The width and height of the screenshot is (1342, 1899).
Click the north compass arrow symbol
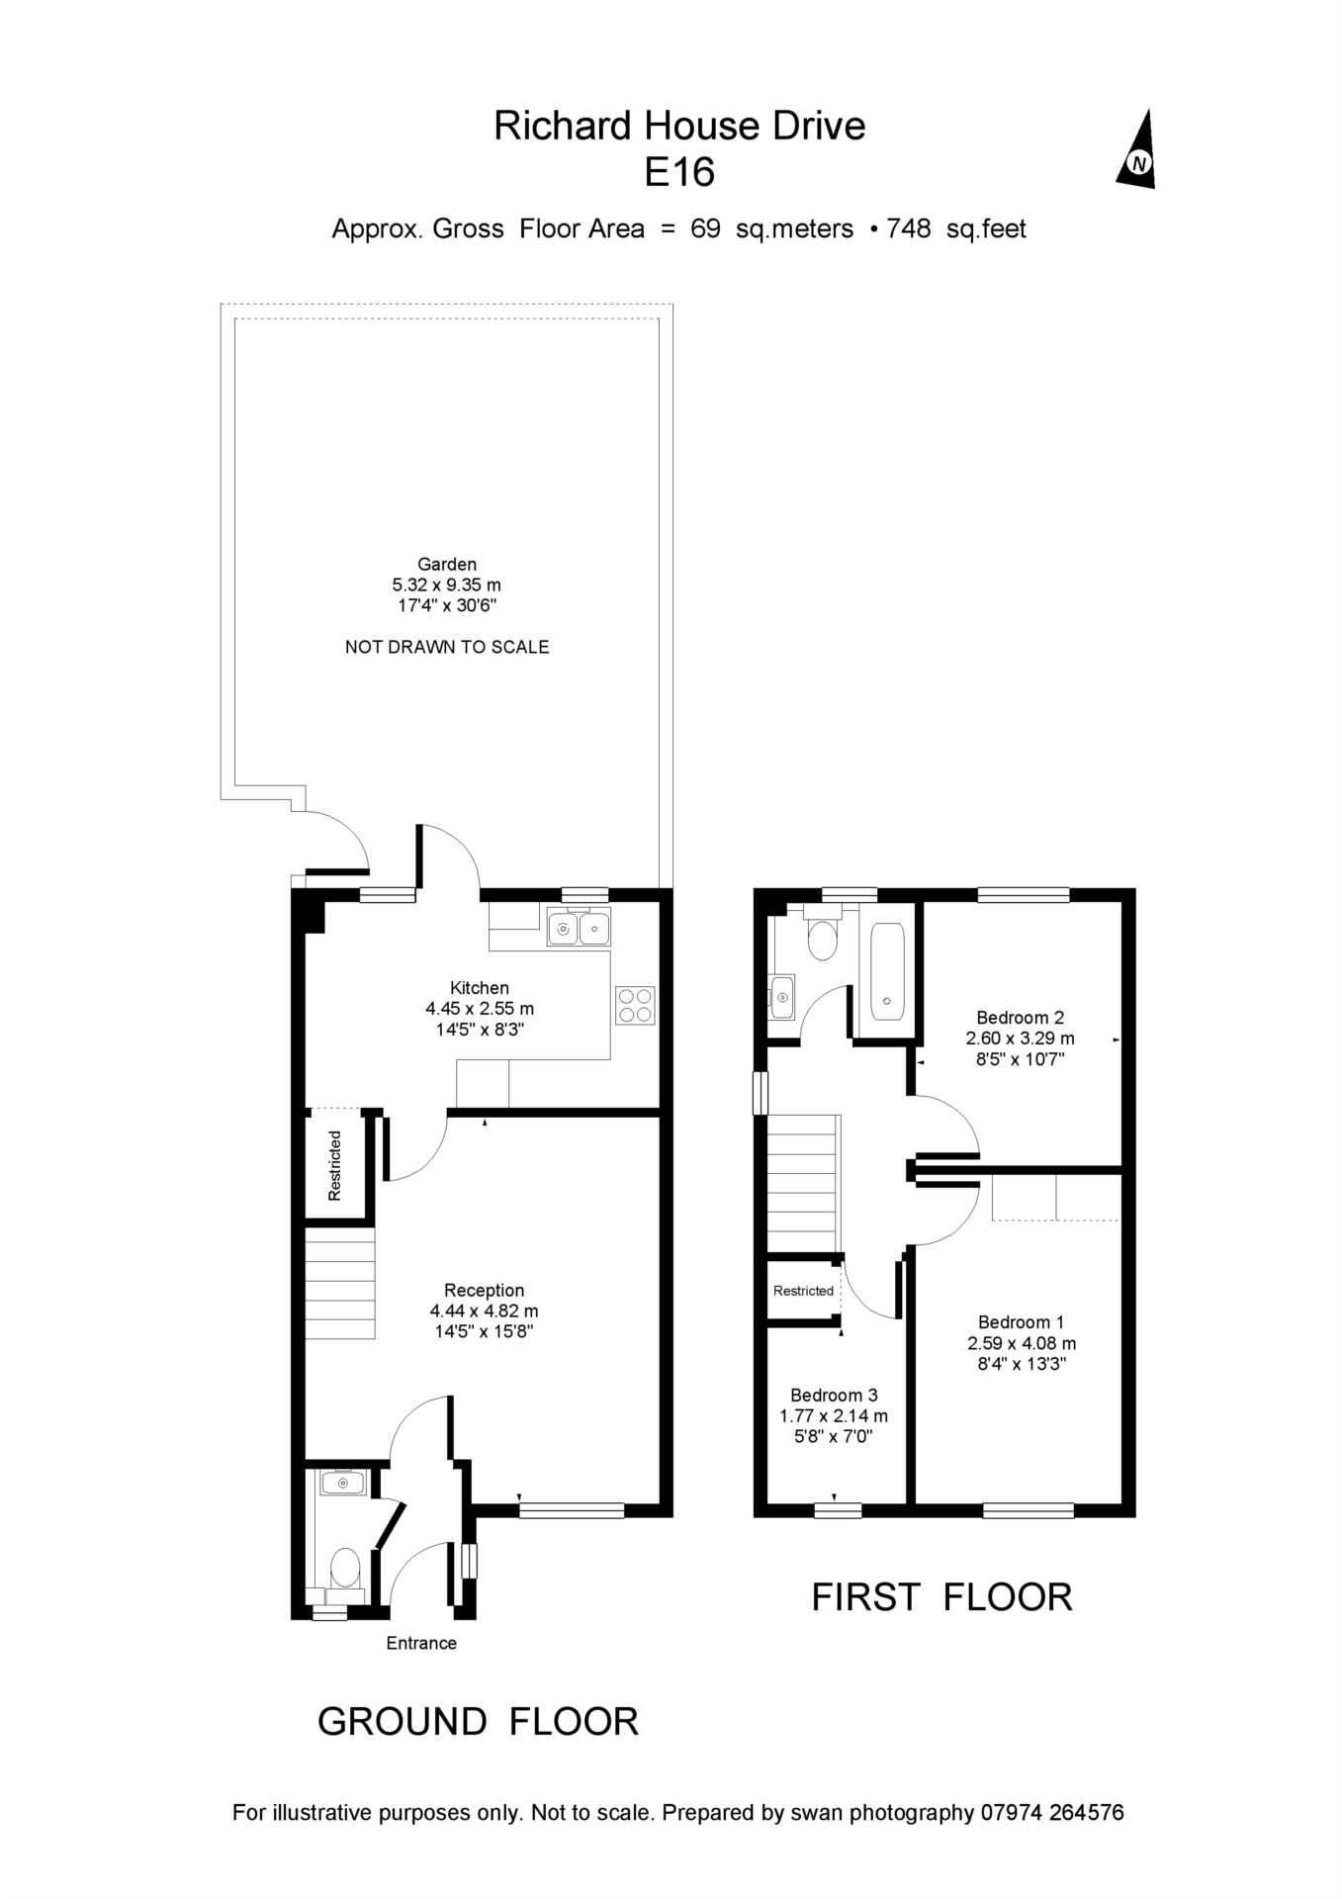pos(1138,151)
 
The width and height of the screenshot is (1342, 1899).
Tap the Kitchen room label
pos(480,987)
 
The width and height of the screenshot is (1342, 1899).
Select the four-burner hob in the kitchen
pos(634,1005)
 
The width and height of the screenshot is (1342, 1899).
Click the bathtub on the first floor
pos(887,971)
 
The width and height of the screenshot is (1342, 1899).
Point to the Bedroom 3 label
pos(834,1395)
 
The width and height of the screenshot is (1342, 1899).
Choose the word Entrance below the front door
pos(421,1643)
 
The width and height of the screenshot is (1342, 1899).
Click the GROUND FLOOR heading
pos(478,1722)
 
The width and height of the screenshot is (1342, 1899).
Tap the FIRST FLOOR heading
pos(941,1597)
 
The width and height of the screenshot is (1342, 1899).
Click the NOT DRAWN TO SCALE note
pos(447,647)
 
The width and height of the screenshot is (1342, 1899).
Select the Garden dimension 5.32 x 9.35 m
pos(447,585)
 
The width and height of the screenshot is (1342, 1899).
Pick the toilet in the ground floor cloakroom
pos(344,1567)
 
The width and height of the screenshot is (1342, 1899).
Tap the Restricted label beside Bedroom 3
pos(803,1291)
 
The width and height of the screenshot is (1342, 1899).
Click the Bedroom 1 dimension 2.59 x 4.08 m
pos(1022,1343)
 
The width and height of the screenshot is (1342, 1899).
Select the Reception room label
pos(484,1290)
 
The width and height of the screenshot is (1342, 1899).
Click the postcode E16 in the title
pos(679,173)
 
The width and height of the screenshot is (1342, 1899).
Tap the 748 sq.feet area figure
pos(955,228)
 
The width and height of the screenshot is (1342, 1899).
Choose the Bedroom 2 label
pos(1020,1017)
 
